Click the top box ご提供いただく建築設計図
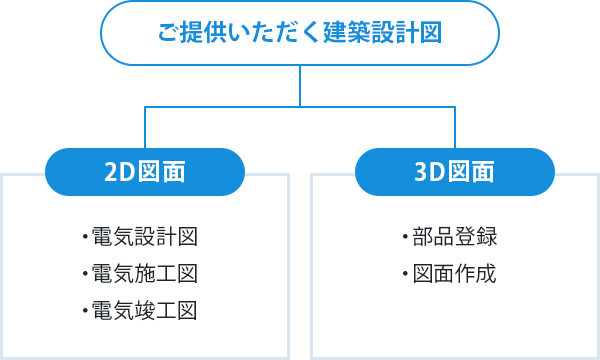(x=299, y=33)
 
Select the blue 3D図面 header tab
(x=454, y=171)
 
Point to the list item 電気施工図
(x=143, y=274)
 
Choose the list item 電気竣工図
(x=143, y=311)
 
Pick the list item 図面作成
(x=453, y=274)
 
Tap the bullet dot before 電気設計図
(x=86, y=239)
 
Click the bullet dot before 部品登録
(x=406, y=239)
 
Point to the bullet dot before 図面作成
(x=406, y=275)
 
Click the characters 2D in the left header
(x=118, y=171)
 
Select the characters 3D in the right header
(x=427, y=171)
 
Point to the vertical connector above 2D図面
(x=146, y=124)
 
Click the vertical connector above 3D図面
(x=454, y=124)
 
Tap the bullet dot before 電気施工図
(x=86, y=275)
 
